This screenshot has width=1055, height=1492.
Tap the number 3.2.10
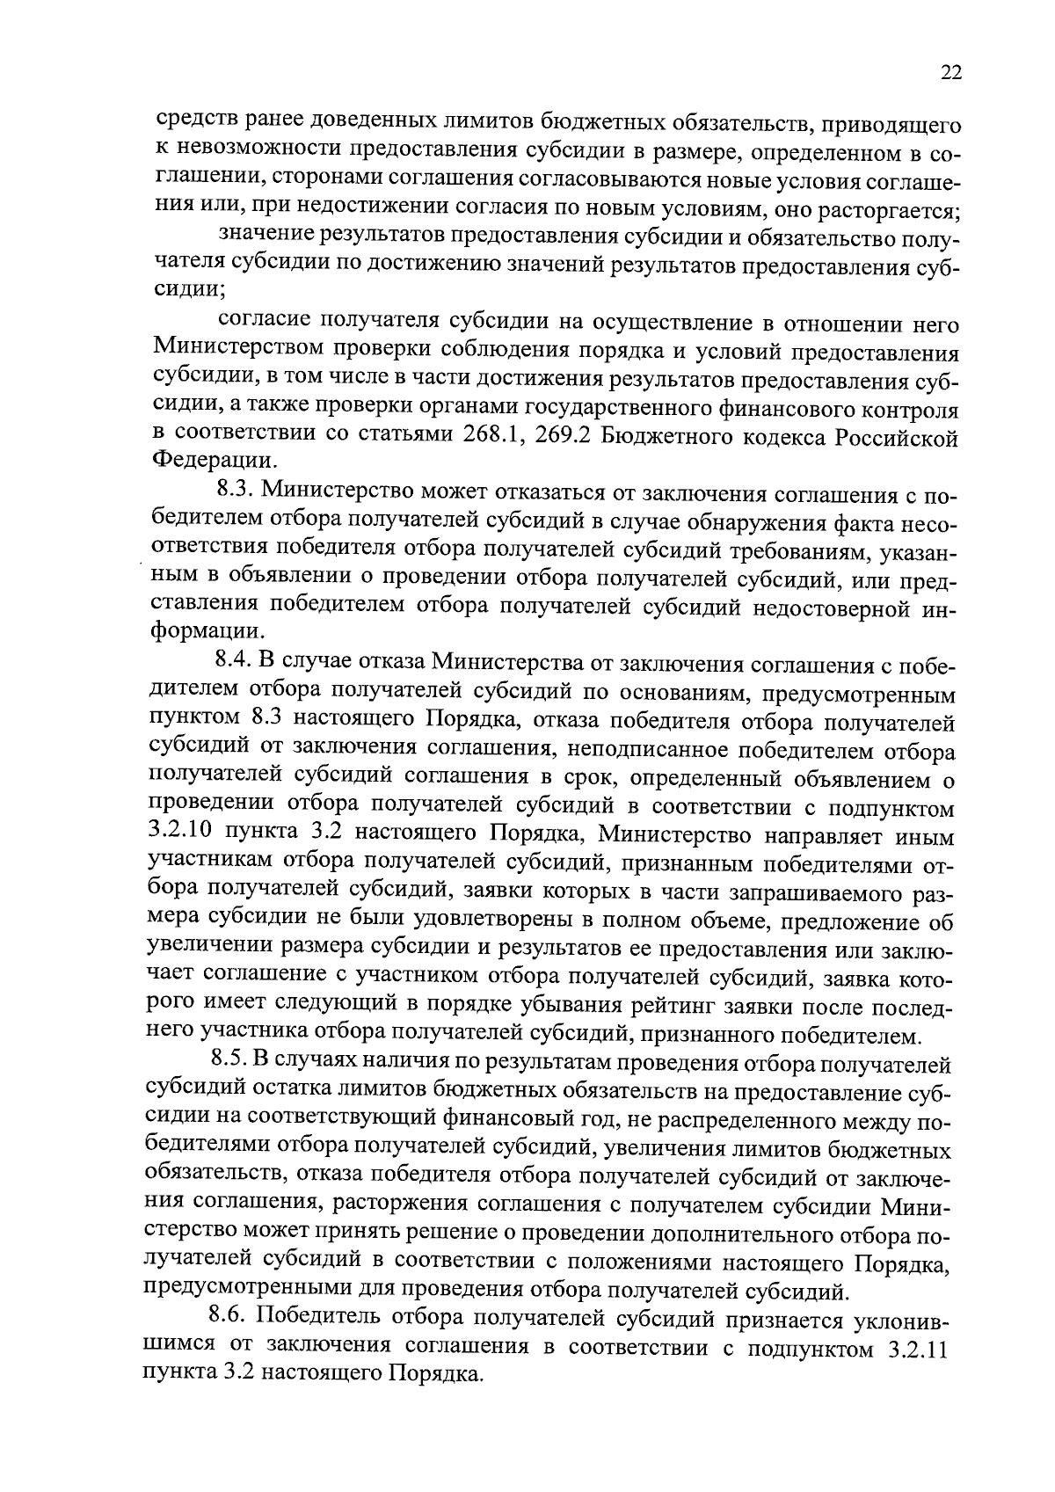(x=182, y=833)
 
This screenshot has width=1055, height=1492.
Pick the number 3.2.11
(x=913, y=1350)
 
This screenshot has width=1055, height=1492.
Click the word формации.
(x=207, y=633)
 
